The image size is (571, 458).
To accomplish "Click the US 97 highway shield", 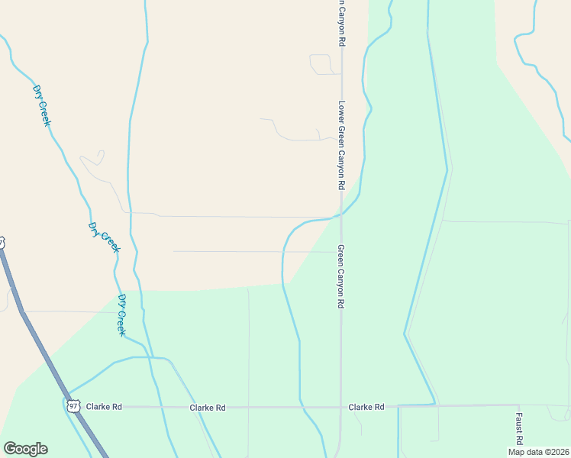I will [x=73, y=405].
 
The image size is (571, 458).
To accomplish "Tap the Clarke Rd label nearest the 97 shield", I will [x=104, y=407].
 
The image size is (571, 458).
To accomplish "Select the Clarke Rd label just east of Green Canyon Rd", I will [x=366, y=407].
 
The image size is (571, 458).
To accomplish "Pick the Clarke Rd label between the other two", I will [x=208, y=408].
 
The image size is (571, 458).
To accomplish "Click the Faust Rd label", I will [x=518, y=428].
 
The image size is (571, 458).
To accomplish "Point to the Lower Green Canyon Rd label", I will [x=342, y=146].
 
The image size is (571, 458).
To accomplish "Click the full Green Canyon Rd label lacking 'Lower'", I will [x=341, y=276].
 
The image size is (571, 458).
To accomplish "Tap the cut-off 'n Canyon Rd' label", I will [x=342, y=24].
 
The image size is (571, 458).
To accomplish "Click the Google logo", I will [x=24, y=449].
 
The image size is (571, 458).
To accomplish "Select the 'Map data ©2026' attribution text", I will [x=537, y=452].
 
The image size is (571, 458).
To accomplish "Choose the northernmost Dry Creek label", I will [x=43, y=106].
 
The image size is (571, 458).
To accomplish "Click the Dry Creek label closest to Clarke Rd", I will [x=122, y=314].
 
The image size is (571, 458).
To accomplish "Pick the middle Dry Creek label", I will [x=104, y=237].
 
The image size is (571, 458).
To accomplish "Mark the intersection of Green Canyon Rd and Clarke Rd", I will [x=340, y=407].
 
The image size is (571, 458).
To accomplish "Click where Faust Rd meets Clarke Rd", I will [x=518, y=405].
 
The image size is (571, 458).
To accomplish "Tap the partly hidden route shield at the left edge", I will [x=2, y=243].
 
